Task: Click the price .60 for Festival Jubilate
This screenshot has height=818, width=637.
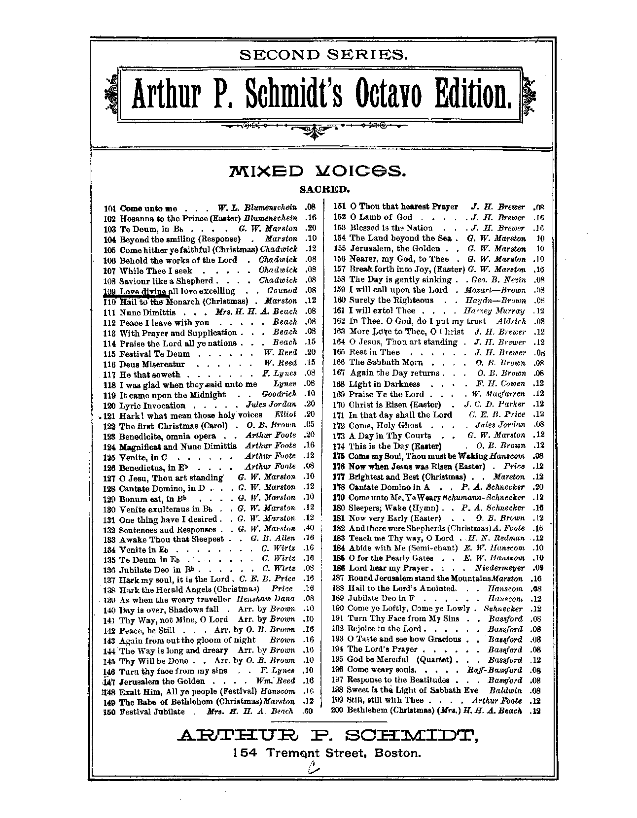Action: pos(310,712)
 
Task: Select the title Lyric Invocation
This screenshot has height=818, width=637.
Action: pos(152,406)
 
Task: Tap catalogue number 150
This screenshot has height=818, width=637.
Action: pos(110,712)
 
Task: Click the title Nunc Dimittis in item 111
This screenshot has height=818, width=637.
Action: pos(147,312)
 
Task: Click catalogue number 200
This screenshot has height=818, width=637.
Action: pos(339,710)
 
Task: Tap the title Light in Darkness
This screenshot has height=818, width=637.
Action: pos(384,384)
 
